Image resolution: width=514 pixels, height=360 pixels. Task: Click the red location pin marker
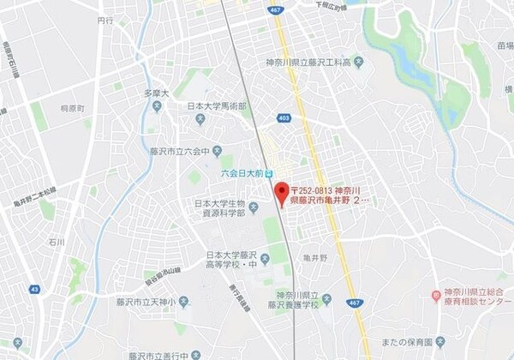[280, 192]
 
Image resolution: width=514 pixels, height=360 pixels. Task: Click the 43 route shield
[34, 290]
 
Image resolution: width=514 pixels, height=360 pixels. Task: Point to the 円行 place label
[105, 19]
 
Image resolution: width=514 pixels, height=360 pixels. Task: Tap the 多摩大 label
[156, 93]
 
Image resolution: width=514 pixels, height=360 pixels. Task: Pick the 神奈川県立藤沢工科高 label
[314, 63]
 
